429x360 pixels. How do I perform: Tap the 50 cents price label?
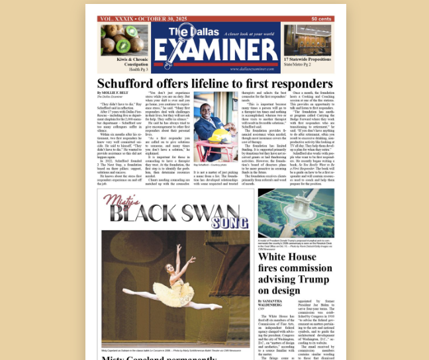point(322,19)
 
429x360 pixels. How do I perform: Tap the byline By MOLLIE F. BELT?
point(113,93)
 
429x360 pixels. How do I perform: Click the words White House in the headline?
point(289,258)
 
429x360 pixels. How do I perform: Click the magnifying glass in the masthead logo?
point(183,37)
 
